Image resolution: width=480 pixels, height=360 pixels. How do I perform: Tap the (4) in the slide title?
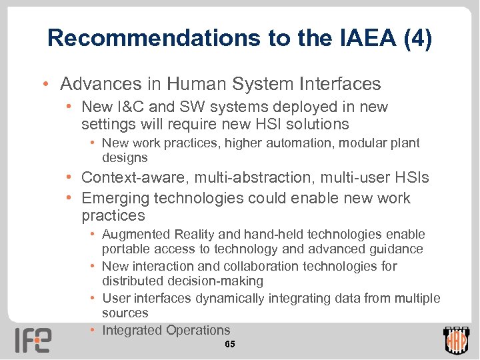coord(417,39)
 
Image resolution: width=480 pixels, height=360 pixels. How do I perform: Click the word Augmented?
coord(136,235)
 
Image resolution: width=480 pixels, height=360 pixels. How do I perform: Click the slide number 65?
coord(229,345)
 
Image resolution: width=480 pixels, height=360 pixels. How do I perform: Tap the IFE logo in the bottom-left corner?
coord(33,339)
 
